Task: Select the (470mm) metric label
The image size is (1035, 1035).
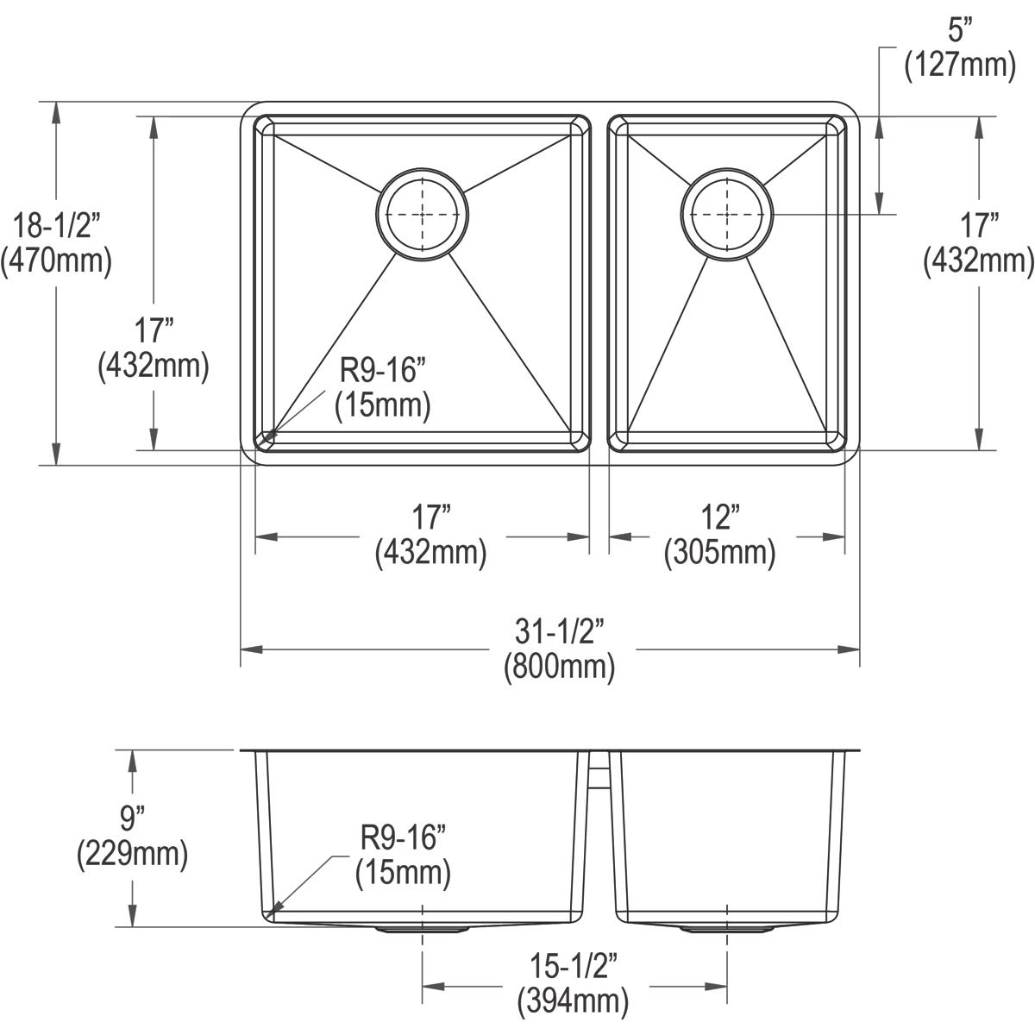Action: (x=56, y=261)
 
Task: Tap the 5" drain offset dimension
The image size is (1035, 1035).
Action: (x=958, y=31)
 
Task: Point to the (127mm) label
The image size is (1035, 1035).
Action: (x=958, y=66)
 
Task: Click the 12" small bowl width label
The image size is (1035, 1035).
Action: (x=719, y=518)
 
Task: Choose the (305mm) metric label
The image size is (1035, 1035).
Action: (x=719, y=553)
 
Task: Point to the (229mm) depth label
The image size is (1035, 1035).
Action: (x=132, y=854)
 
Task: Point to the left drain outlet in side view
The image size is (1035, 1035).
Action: (x=422, y=931)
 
